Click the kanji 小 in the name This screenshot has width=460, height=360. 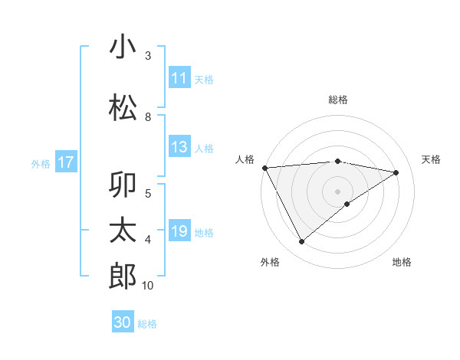(x=123, y=47)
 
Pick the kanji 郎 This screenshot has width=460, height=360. (x=123, y=276)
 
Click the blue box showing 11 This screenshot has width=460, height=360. (x=179, y=78)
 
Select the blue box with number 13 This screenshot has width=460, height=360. (x=179, y=148)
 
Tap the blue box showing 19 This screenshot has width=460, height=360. (x=179, y=231)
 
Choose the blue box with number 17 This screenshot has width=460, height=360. (x=66, y=162)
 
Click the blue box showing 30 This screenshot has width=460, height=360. (x=123, y=322)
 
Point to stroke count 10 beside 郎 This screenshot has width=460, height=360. (x=148, y=286)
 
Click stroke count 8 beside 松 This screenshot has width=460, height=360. (x=148, y=117)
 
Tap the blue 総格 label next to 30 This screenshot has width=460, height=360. (x=147, y=324)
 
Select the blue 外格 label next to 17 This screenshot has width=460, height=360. (x=41, y=163)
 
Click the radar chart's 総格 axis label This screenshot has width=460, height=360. (x=338, y=100)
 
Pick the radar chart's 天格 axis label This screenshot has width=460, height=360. (x=432, y=159)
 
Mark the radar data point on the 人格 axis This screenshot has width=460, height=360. (x=264, y=167)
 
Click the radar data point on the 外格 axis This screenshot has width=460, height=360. (x=301, y=242)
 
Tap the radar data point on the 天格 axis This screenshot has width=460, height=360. (x=396, y=172)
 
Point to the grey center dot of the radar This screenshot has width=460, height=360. (x=338, y=191)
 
